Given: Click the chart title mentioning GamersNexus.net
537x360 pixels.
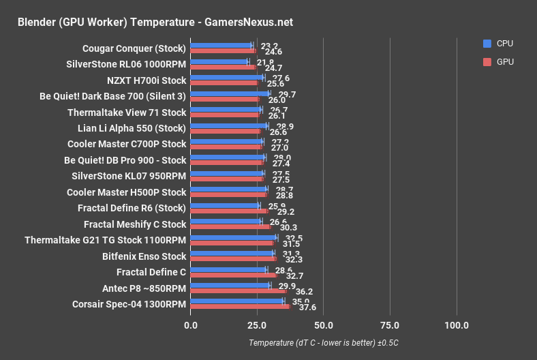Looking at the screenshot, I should coord(155,22).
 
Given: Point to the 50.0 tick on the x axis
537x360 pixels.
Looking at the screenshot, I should coord(323,325).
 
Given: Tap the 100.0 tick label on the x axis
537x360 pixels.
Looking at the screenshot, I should coord(456,325).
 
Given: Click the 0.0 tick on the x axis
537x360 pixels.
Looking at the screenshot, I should coord(191,325).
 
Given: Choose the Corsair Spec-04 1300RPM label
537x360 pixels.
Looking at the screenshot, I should coord(129,304).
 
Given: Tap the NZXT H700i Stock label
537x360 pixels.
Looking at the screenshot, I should coord(147,80).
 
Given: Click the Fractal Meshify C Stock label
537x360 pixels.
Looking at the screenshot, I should coord(135,224).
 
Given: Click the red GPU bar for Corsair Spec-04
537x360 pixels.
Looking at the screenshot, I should coord(240,307).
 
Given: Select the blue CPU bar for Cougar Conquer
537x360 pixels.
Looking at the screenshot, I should coord(221,46).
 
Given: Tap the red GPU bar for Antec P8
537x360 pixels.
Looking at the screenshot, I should coord(239,291).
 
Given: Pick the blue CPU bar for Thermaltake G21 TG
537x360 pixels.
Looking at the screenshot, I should coord(233,237).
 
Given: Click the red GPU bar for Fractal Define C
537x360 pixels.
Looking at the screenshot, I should coord(233,275).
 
